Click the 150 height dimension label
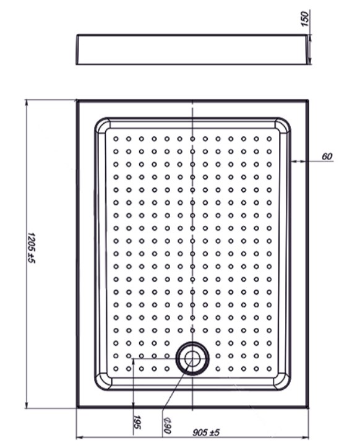pos(305,19)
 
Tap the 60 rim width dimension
pos(327,157)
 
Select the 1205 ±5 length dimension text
pos(32,248)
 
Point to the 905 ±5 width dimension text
pos(206,433)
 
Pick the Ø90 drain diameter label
pos(167,425)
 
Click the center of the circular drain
pos(192,359)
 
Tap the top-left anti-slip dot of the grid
pos(116,139)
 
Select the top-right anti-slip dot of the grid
pos(269,139)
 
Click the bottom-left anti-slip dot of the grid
pos(116,369)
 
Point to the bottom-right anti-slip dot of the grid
pos(269,369)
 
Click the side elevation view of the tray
pos(193,50)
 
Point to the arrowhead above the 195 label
pos(134,362)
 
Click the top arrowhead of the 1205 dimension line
pos(26,103)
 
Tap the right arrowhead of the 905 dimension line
pos(306,437)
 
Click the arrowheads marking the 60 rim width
pos(297,162)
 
